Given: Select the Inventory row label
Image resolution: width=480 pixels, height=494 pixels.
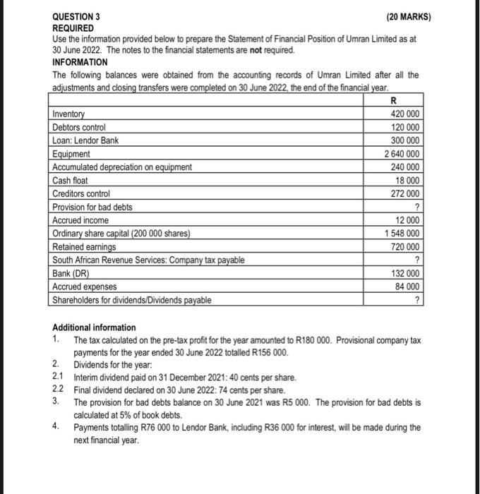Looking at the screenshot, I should pyautogui.click(x=68, y=114).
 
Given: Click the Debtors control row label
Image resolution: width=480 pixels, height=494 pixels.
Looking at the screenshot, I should pyautogui.click(x=79, y=127).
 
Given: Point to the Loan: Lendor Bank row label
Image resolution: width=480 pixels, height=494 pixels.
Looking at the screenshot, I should pyautogui.click(x=85, y=140).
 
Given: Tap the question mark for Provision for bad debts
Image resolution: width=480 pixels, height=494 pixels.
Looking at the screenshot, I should pyautogui.click(x=419, y=207).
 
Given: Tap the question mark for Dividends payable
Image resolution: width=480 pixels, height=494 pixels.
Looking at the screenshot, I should pyautogui.click(x=419, y=300).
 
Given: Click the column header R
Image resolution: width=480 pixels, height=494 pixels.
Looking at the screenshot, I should pyautogui.click(x=392, y=101).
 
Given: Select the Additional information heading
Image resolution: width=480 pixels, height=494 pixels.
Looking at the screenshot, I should pyautogui.click(x=94, y=328).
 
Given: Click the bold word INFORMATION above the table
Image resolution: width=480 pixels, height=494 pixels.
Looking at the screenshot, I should pyautogui.click(x=80, y=62).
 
